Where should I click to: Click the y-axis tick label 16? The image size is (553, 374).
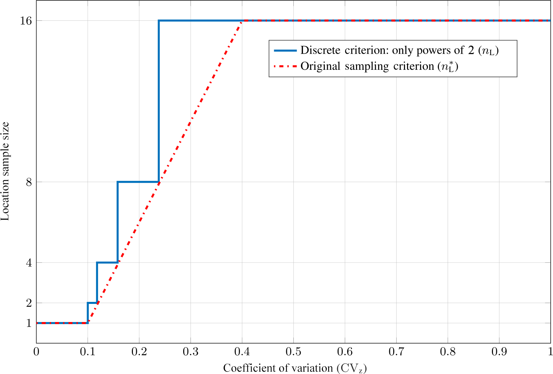(x=26, y=21)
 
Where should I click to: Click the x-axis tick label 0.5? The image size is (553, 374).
(x=293, y=352)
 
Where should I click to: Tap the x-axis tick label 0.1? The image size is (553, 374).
(x=88, y=352)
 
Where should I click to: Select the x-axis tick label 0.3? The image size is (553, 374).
(x=191, y=352)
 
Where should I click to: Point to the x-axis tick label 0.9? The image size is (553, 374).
(x=499, y=352)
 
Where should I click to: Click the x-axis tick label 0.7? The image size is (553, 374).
(x=396, y=352)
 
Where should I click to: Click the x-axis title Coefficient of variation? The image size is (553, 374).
(x=295, y=368)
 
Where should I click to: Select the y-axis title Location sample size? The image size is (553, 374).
(x=5, y=171)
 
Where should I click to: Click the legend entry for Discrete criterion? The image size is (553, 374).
(x=399, y=50)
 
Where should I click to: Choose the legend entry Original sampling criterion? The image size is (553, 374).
(x=379, y=66)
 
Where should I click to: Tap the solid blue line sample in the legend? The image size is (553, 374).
(x=285, y=51)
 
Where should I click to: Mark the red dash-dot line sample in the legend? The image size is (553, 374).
(x=285, y=66)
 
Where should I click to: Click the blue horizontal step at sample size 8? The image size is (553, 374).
(x=138, y=182)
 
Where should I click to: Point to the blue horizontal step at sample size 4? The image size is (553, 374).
(x=107, y=262)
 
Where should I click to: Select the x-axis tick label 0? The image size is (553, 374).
(x=36, y=352)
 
